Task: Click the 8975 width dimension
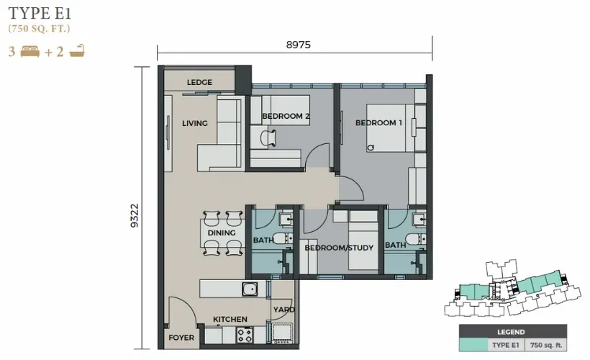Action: point(299,45)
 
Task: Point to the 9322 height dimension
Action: point(133,214)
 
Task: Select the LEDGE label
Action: point(199,82)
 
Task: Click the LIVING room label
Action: point(194,123)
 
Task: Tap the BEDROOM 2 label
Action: point(286,116)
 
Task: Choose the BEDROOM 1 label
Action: point(378,123)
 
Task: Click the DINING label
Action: point(222,233)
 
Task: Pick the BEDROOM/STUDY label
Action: point(338,248)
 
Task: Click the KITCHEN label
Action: point(230,319)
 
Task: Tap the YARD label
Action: point(283,310)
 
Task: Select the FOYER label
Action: point(181,337)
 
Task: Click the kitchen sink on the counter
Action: point(250,289)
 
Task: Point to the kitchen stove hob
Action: point(245,335)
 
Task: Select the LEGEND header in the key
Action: point(512,332)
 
